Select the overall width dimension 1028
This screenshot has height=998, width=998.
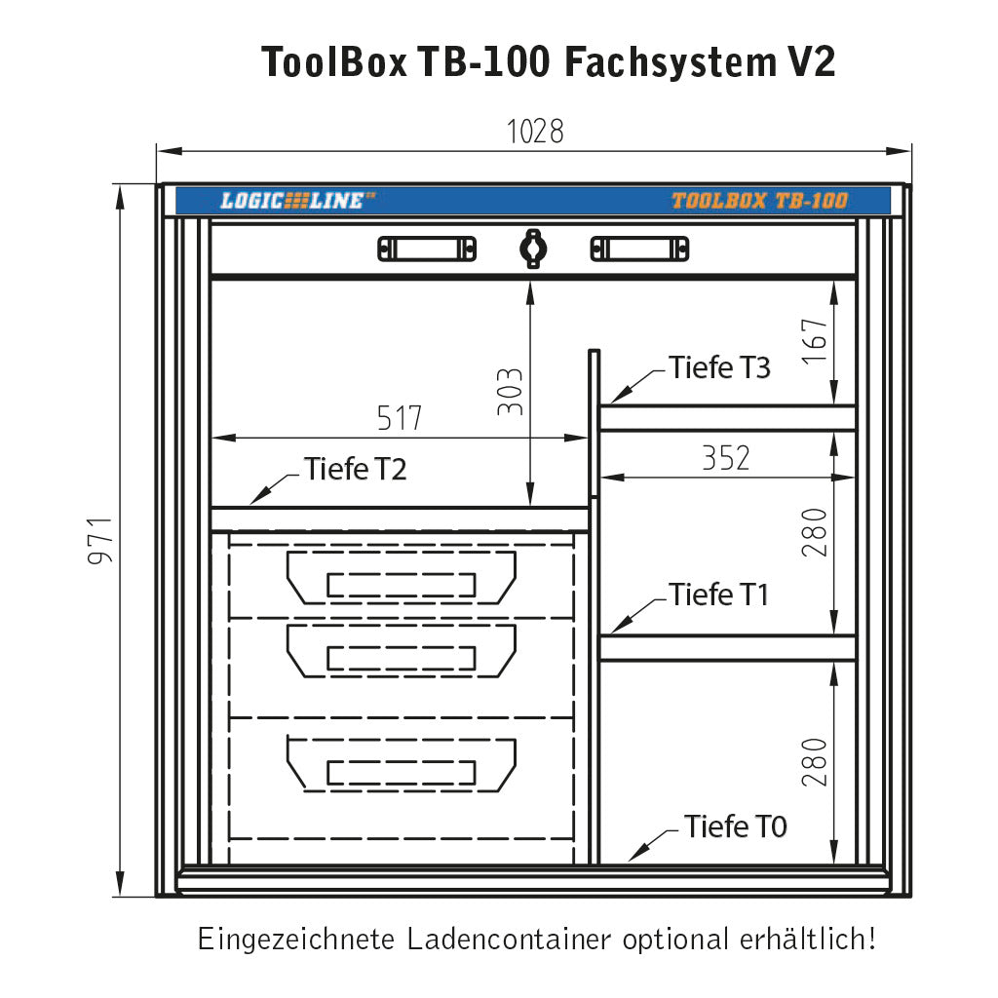coord(534,132)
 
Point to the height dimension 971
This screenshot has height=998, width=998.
coord(103,540)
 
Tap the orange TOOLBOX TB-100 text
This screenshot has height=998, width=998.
coord(759,202)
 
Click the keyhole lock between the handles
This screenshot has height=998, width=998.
coord(532,248)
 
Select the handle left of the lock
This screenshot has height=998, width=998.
coord(427,249)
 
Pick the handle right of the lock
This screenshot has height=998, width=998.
coord(639,249)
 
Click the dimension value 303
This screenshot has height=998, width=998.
coord(511,392)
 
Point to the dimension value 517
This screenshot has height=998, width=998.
coord(400,418)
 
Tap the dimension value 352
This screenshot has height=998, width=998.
coord(726,458)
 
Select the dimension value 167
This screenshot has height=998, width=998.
coord(815,341)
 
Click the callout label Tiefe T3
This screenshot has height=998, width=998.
coord(719,368)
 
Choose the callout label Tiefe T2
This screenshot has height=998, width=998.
coord(355,469)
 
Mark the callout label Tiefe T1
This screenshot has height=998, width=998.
coord(719,594)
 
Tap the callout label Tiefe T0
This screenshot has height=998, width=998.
coord(735,826)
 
